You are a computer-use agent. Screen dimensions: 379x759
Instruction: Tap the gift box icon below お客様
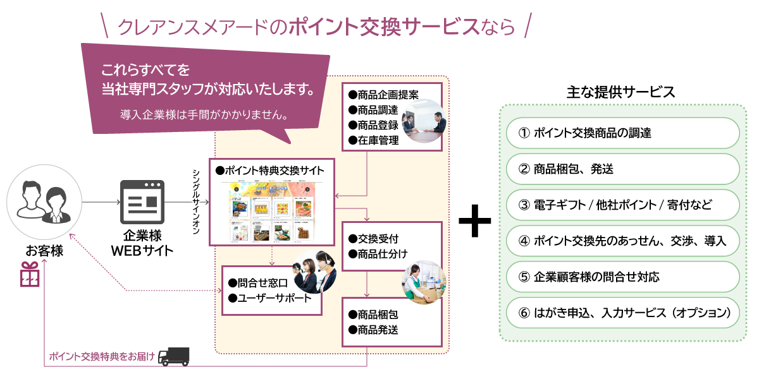click(x=30, y=275)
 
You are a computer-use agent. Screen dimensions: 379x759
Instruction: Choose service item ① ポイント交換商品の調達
click(x=623, y=133)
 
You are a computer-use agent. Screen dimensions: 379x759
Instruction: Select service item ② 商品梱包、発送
click(x=623, y=169)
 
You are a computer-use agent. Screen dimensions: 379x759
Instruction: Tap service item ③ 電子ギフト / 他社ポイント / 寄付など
click(x=623, y=205)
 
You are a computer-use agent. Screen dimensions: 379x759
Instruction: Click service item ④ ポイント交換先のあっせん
click(x=623, y=241)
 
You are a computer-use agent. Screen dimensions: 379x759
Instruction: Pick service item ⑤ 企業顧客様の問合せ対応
click(x=623, y=277)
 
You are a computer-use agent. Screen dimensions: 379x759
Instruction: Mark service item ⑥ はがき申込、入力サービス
click(x=623, y=313)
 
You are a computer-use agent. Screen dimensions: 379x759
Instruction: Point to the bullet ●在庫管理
click(x=374, y=141)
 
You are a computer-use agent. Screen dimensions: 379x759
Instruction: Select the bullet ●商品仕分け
click(x=378, y=254)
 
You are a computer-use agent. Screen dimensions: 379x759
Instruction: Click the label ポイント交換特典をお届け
click(x=102, y=357)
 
